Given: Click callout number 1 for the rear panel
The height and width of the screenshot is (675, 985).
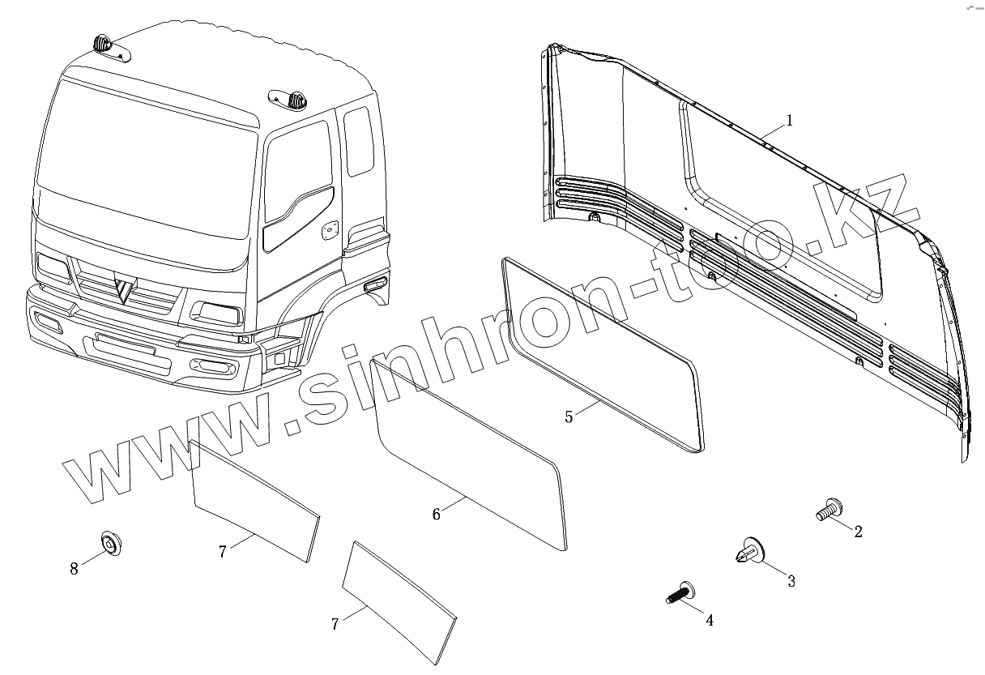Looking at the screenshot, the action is coord(789,121).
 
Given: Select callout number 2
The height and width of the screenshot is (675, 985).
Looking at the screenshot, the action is coord(858,532).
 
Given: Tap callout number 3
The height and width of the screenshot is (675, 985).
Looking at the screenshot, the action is coord(791,581).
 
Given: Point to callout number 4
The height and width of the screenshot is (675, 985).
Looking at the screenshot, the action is coord(710,621).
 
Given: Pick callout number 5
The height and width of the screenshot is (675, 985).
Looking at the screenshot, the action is coord(569,417).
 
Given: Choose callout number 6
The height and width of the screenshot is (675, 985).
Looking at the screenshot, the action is coord(436,514).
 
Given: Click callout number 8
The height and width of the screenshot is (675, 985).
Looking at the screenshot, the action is coord(74,569).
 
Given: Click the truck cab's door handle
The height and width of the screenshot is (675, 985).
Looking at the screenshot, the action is coord(330,231).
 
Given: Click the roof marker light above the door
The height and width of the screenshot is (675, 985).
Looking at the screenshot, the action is coord(291,101).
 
